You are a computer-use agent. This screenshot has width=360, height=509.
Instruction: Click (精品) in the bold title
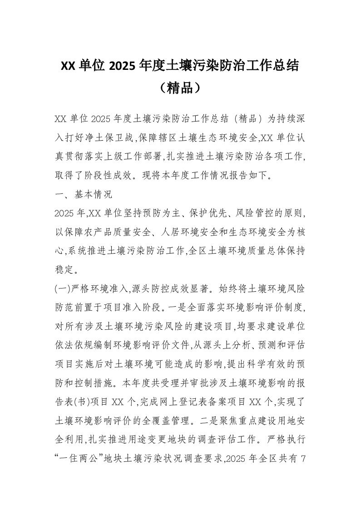(180, 87)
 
